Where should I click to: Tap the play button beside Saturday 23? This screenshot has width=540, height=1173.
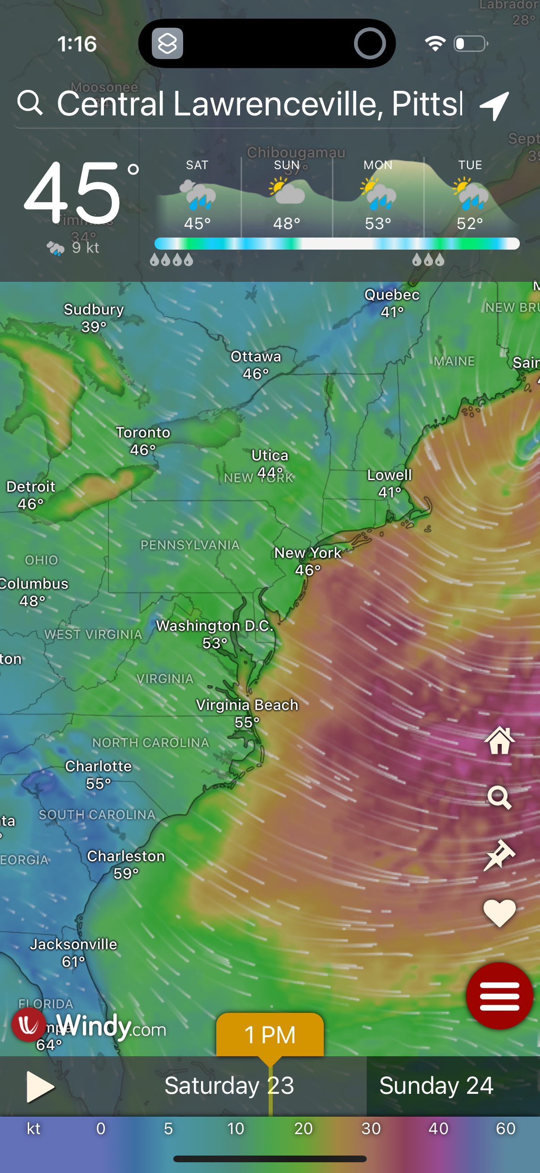point(40,1087)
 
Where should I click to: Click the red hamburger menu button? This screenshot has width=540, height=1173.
point(499,996)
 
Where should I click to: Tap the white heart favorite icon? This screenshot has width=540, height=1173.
point(499,913)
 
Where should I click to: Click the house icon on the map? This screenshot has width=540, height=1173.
point(499,740)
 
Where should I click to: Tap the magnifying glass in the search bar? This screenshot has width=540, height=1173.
point(30,102)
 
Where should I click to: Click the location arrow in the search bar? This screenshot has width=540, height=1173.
point(494,105)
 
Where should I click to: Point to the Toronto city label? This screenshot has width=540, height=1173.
point(143,433)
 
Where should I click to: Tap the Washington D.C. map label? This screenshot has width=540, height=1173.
point(214,626)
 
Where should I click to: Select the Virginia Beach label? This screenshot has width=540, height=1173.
point(247,705)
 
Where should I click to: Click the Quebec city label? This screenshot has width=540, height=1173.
point(392,295)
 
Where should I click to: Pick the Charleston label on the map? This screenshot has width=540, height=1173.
point(126,856)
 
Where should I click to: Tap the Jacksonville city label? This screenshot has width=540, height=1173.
point(74,944)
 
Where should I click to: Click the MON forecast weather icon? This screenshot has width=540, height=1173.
point(378,194)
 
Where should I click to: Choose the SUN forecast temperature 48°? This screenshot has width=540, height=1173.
point(287,224)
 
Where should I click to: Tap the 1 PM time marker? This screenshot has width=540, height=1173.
point(270,1035)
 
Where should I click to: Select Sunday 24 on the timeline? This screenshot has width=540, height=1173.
point(436,1086)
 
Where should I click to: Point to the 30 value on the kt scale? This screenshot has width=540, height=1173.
point(371,1128)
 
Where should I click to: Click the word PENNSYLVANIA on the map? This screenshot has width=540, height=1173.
point(190,545)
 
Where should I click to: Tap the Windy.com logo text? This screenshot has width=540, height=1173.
point(111,1027)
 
